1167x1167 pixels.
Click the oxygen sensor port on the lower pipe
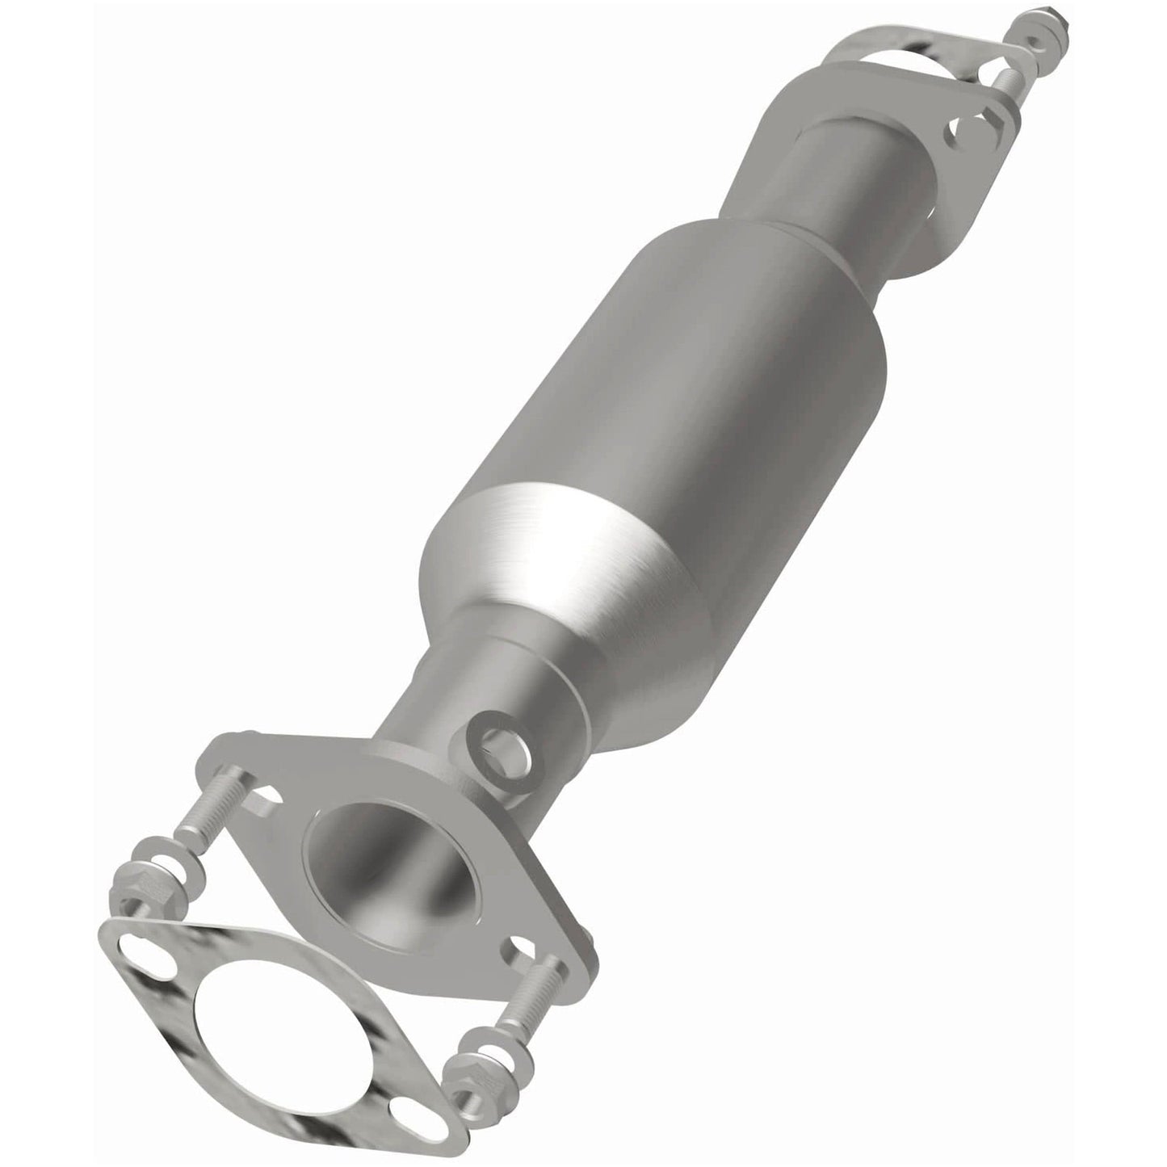pyautogui.click(x=493, y=737)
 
